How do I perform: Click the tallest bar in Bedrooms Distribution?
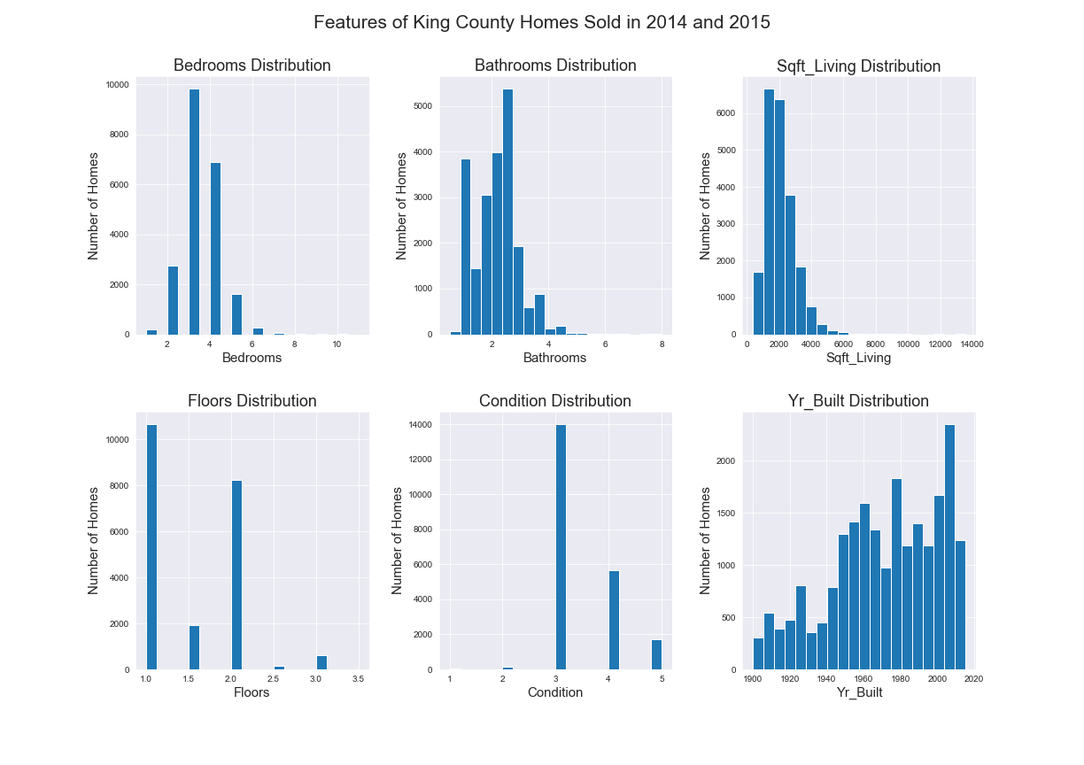194,212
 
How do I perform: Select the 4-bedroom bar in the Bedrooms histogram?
215,249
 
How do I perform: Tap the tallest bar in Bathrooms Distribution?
507,212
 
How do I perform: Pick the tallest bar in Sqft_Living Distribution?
769,212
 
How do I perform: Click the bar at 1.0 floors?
151,547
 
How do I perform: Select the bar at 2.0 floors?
236,576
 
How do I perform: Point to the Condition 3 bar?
561,547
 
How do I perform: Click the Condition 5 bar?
657,655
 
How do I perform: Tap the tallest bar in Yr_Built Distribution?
949,547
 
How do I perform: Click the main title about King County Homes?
541,22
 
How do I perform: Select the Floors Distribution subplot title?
252,400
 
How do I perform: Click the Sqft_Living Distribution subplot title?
858,66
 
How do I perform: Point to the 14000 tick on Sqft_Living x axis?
972,344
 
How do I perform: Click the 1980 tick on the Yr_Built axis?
900,679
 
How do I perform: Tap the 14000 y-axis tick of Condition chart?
420,425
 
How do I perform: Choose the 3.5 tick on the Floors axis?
358,679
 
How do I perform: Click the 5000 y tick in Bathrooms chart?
423,106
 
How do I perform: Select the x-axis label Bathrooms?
554,358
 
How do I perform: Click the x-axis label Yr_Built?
859,692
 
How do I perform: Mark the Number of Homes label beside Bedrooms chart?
93,206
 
